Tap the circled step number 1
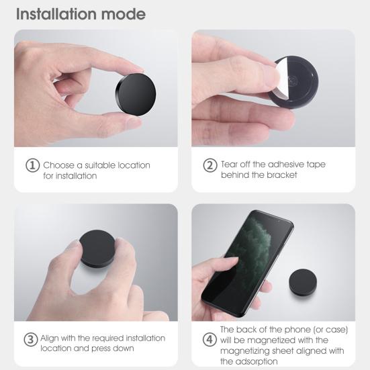point(32,165)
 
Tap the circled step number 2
point(210,165)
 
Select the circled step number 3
point(31,339)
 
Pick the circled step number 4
point(210,339)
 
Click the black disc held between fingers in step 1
point(134,93)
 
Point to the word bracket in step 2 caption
point(283,175)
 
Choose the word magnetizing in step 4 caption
point(244,350)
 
